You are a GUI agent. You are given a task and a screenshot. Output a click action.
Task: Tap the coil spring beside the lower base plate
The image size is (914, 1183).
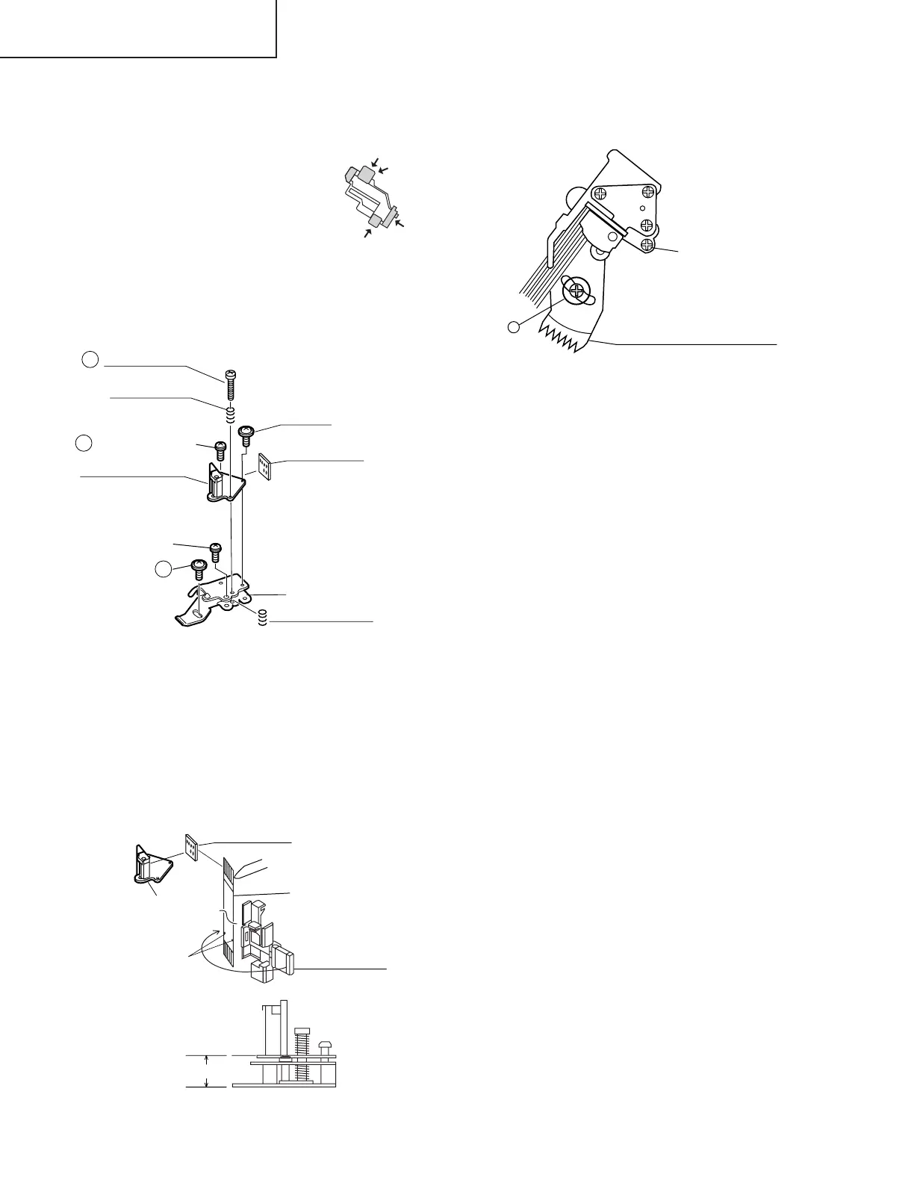262,619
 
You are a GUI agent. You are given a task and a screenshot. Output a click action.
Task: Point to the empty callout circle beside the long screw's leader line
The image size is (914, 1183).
89,360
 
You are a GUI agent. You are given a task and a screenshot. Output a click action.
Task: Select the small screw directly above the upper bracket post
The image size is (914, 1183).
220,450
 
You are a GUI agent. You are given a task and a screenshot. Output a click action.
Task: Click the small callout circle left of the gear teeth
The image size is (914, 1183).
513,326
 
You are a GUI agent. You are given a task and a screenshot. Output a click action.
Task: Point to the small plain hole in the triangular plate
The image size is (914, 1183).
641,207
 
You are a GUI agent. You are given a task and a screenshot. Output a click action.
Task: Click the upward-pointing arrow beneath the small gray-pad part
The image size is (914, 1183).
367,234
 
